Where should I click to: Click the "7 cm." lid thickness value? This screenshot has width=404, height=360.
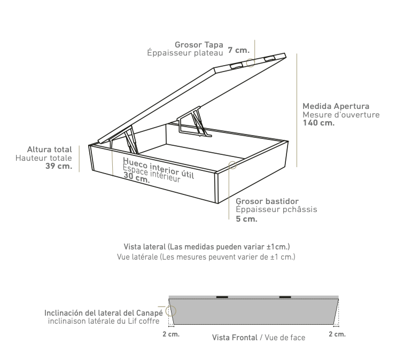point(238,50)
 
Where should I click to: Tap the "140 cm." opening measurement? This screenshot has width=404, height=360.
point(318,123)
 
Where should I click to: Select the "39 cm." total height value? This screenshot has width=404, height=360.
point(59,166)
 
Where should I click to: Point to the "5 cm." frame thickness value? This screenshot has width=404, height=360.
point(246,219)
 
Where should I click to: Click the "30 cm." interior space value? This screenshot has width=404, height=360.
point(137,177)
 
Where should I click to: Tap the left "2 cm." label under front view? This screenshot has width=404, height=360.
point(171,334)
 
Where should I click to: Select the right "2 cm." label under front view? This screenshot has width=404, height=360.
point(337,334)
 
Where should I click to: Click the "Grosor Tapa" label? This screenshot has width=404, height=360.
point(199,45)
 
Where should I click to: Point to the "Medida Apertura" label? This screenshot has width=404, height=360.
point(336,106)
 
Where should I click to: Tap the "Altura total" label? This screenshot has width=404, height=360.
point(50,150)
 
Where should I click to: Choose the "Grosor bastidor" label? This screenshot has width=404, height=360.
point(267,201)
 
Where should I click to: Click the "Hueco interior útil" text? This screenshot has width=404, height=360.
point(159,168)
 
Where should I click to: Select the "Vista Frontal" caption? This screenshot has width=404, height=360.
point(235,338)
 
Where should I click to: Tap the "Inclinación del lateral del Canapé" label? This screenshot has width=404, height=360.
point(104,313)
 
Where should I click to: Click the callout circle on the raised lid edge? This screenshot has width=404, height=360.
point(250,62)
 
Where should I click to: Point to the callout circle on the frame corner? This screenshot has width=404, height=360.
point(232,166)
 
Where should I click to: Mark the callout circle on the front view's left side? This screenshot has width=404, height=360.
point(170,311)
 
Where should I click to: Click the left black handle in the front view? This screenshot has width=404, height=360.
point(222,297)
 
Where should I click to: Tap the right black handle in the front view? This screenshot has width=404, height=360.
point(285,297)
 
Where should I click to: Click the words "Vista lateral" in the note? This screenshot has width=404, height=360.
point(144,247)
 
